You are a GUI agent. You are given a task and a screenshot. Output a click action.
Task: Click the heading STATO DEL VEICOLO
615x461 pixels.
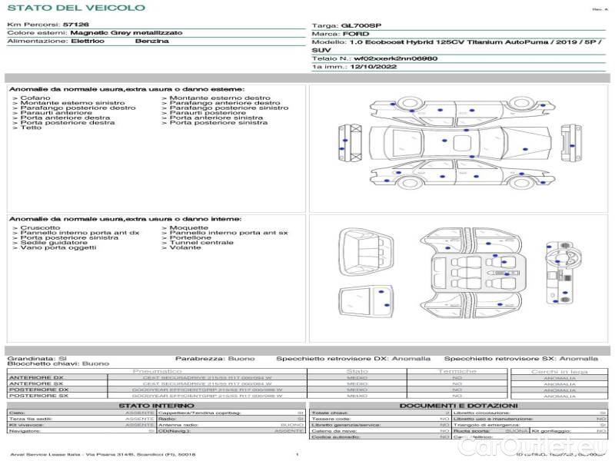click(76, 8)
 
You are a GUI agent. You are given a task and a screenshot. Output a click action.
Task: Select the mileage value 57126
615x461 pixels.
click(75, 25)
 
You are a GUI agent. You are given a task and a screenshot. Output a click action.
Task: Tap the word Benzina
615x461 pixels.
click(151, 41)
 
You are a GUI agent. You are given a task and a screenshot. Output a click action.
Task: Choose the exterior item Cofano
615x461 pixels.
click(35, 98)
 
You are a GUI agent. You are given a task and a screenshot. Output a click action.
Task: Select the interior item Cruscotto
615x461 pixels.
click(40, 227)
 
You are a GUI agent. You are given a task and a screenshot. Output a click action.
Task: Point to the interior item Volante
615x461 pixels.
click(185, 248)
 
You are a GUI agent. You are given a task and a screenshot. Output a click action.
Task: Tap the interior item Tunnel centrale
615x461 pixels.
click(201, 243)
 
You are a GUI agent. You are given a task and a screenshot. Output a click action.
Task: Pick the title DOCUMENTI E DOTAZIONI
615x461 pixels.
click(458, 405)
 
